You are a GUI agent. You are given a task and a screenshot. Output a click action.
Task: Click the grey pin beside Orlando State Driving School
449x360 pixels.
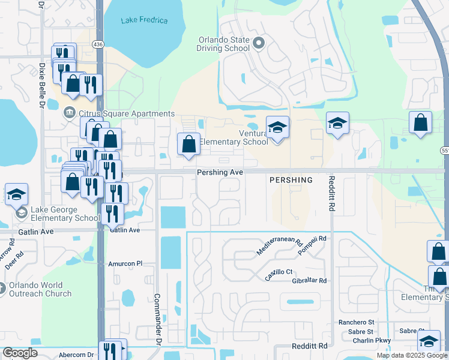(259, 43)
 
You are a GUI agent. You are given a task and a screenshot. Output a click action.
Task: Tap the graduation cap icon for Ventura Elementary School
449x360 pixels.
(277, 127)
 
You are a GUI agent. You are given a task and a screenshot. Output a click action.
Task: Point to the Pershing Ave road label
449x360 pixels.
(220, 172)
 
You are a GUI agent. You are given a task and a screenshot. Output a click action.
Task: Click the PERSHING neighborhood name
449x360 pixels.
(291, 180)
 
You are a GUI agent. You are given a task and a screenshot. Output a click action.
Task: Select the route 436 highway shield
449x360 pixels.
(98, 44)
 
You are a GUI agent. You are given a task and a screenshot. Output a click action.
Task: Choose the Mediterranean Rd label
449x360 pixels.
(279, 246)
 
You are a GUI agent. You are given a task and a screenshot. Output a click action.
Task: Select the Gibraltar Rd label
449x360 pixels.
(306, 281)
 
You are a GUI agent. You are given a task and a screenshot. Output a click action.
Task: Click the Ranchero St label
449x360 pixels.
(355, 322)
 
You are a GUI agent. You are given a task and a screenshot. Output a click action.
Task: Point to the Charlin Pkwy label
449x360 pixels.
(372, 340)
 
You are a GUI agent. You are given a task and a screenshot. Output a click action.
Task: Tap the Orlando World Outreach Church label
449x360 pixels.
(40, 289)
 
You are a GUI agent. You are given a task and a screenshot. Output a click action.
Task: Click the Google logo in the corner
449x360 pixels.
(20, 353)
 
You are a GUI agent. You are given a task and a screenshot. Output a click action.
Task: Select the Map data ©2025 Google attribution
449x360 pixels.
(411, 355)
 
